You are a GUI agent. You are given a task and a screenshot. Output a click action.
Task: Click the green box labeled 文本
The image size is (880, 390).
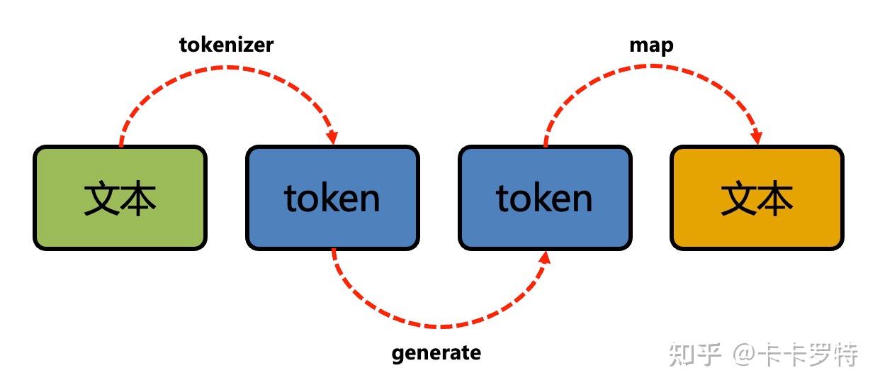tap(120, 198)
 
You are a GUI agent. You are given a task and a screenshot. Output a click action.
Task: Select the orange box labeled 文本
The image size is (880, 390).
tap(757, 198)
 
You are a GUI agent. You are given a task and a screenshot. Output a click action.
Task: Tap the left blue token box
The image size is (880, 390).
tap(332, 198)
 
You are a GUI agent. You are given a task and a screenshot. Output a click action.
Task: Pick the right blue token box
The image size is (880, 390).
tap(544, 198)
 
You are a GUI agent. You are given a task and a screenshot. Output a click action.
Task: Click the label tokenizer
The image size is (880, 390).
tap(226, 45)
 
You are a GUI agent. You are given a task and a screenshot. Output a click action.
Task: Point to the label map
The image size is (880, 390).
tap(651, 45)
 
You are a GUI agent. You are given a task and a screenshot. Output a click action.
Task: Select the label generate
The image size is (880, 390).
tap(436, 352)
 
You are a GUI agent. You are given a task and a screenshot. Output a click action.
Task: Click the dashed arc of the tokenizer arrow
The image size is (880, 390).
tap(227, 67)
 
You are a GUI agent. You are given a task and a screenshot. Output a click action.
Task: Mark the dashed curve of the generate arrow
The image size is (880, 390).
tap(439, 327)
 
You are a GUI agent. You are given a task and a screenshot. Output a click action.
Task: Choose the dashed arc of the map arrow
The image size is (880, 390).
tap(652, 66)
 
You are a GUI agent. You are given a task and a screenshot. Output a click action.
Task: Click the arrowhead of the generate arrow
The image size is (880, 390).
tap(544, 257)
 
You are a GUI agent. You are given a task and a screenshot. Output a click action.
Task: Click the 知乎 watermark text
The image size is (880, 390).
tap(695, 354)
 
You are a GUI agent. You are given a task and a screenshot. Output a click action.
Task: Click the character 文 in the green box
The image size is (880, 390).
tap(101, 199)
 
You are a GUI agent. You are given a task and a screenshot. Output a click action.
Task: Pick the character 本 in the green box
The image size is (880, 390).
tap(138, 199)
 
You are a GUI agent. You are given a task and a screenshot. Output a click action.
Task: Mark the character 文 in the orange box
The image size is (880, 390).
tap(738, 199)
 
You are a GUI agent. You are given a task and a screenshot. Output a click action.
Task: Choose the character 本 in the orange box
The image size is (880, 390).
tap(775, 199)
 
